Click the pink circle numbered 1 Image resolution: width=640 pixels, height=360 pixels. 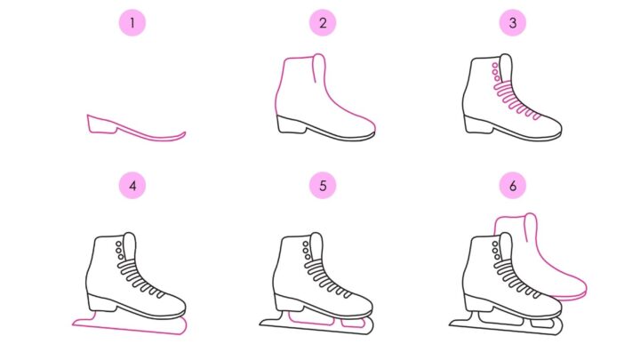tap(132, 23)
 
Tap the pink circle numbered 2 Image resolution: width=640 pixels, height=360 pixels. tap(323, 23)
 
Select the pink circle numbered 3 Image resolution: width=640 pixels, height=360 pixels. tap(513, 23)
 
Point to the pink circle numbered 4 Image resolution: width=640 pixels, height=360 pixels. tap(132, 186)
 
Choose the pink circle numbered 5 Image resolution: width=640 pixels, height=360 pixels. tap(323, 186)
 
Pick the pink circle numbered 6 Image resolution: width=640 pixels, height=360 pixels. tap(513, 186)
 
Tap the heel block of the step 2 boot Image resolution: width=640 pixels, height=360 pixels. tap(291, 125)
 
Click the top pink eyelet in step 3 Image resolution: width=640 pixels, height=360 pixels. tap(495, 65)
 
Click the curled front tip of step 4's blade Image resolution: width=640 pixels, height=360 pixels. tap(184, 324)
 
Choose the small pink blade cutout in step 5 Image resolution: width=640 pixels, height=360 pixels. tap(353, 323)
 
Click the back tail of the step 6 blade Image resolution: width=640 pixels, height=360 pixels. tap(453, 324)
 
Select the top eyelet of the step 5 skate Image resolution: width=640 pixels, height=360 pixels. tap(305, 244)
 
